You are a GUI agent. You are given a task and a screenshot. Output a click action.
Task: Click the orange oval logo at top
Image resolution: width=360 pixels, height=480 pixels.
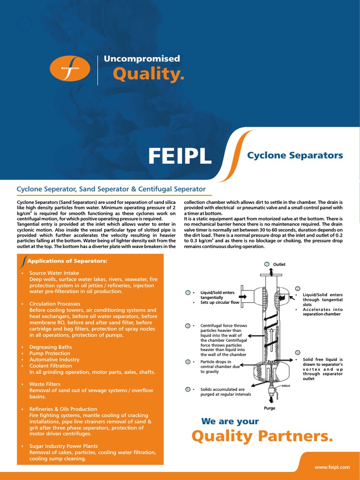click(x=69, y=68)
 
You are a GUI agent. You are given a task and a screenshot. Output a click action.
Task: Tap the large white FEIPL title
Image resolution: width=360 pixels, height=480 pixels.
click(x=180, y=157)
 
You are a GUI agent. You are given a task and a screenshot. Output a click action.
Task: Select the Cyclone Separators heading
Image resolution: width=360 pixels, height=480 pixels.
click(x=295, y=155)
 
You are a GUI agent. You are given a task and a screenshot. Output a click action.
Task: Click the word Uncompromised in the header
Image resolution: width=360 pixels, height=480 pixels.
click(x=142, y=59)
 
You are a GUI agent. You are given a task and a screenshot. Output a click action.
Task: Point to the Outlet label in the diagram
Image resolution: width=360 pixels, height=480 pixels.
click(x=279, y=264)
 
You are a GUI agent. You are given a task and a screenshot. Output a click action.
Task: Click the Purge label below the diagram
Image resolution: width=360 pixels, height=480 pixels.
click(x=270, y=408)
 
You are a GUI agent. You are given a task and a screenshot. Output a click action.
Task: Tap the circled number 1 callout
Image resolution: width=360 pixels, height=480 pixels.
click(x=187, y=292)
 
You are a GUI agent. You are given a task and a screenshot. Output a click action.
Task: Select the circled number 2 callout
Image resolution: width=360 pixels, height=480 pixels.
click(x=298, y=288)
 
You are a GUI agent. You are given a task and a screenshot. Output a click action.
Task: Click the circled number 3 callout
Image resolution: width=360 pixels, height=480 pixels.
click(x=187, y=325)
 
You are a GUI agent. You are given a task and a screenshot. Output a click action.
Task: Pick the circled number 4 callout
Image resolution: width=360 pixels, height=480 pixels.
click(x=187, y=362)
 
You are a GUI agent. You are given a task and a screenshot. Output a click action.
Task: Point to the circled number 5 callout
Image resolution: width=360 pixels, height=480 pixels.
click(x=298, y=352)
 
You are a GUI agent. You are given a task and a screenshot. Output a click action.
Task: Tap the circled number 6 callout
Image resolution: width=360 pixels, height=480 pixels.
click(x=187, y=389)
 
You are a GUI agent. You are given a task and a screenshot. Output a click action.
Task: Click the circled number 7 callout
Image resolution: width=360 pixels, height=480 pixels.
click(x=267, y=264)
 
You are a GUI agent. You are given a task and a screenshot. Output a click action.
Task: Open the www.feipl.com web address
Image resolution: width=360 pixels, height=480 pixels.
click(x=332, y=467)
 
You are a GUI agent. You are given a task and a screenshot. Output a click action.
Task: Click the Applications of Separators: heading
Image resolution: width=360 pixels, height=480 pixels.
click(x=67, y=261)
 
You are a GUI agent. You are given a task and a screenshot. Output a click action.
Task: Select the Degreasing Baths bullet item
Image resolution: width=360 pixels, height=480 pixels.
click(x=51, y=347)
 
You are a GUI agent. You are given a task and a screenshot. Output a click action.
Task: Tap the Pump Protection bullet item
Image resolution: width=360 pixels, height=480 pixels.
click(x=50, y=353)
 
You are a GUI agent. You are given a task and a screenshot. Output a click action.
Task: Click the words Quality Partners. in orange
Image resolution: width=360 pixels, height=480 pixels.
click(x=262, y=436)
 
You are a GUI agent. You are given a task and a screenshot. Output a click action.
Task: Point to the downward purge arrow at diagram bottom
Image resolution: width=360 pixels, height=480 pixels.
click(x=270, y=399)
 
